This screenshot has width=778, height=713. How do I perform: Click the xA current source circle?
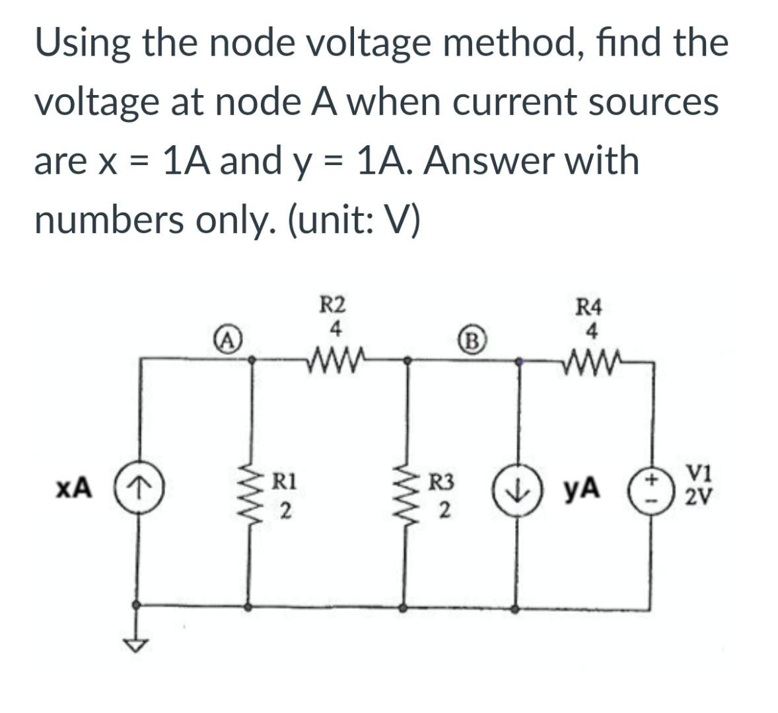click(x=139, y=490)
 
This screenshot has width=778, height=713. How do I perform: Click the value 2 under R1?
click(x=284, y=510)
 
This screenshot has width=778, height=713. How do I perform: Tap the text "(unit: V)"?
click(x=354, y=221)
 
